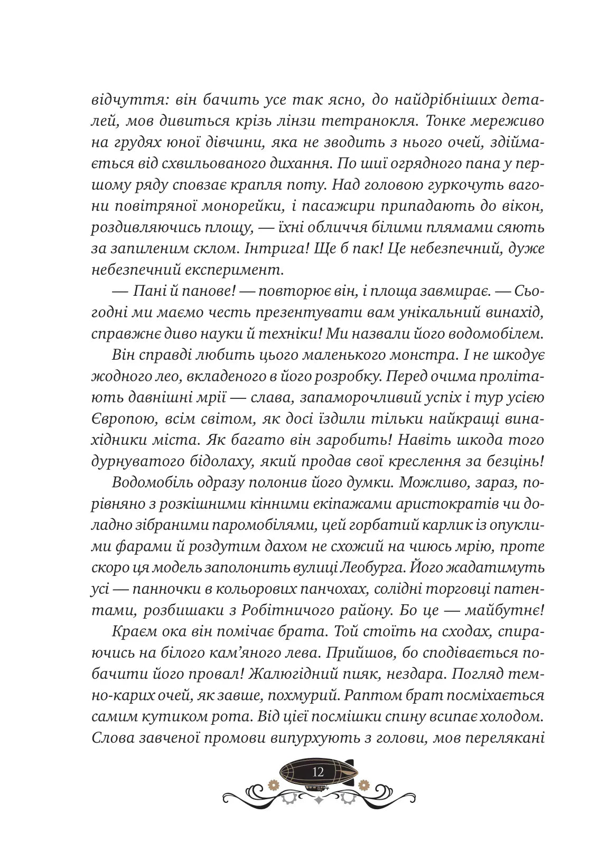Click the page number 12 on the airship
[x=318, y=772]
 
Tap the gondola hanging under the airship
[x=318, y=787]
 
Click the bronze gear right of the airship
[x=362, y=784]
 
